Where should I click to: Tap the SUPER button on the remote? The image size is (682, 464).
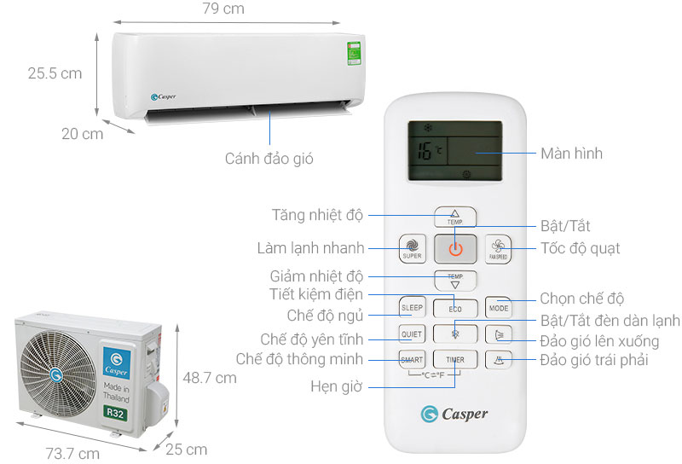pyautogui.click(x=412, y=248)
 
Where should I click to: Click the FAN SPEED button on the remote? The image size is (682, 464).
pyautogui.click(x=498, y=248)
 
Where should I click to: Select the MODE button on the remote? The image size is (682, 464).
pyautogui.click(x=498, y=307)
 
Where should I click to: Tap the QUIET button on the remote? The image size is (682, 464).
pyautogui.click(x=412, y=333)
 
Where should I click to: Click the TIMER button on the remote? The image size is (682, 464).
pyautogui.click(x=454, y=359)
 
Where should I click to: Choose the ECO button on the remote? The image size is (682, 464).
pyautogui.click(x=454, y=307)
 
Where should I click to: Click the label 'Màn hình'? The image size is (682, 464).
pyautogui.click(x=571, y=154)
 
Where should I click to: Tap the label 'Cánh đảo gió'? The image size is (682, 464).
pyautogui.click(x=263, y=158)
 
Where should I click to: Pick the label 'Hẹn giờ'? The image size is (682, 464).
pyautogui.click(x=338, y=386)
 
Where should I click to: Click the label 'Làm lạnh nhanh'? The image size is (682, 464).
pyautogui.click(x=310, y=248)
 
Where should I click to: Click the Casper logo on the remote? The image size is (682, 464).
pyautogui.click(x=454, y=414)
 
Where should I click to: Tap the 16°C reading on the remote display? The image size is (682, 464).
pyautogui.click(x=428, y=153)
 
